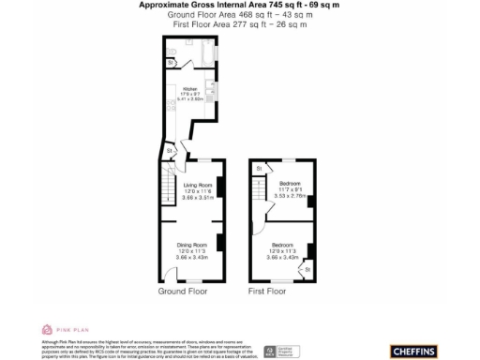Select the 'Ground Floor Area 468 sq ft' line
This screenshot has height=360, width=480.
pos(240,15)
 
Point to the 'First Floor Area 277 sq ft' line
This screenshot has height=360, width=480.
pos(240,24)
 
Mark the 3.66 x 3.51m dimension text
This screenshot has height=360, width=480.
pos(198,198)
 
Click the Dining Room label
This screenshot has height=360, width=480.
pos(193,246)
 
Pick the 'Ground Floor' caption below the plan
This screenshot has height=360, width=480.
pos(182,292)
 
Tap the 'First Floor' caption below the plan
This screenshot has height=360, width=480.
pos(267,292)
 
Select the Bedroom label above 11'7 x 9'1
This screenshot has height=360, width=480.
pos(291,184)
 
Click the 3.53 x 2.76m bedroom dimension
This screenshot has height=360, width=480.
pos(291,195)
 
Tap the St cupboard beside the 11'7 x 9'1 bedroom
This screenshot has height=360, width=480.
pos(257,168)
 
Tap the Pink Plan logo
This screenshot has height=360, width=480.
pos(61,330)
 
